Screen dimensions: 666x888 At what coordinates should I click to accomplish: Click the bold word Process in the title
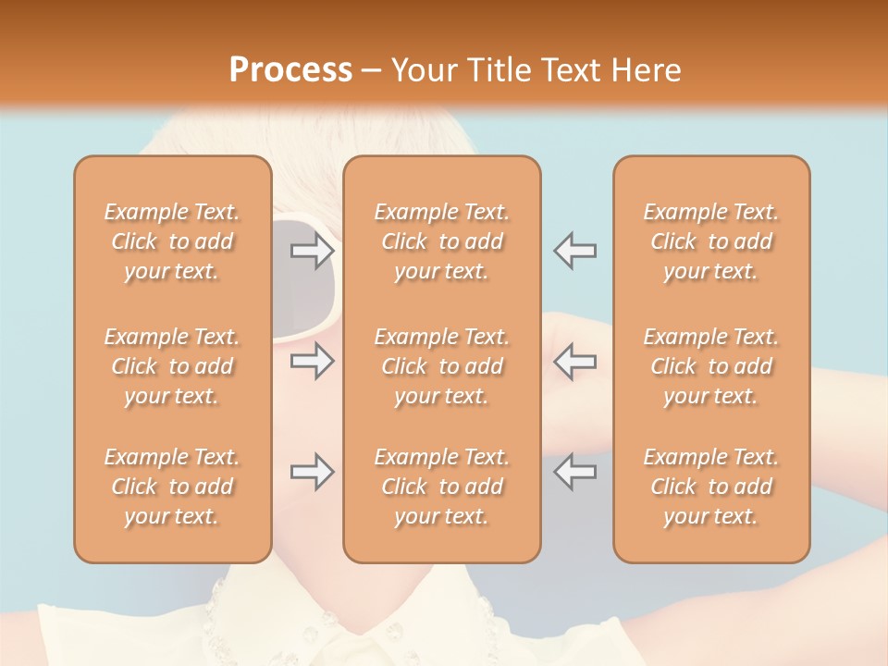coord(290,70)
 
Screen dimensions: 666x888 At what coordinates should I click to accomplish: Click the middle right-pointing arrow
coord(313,361)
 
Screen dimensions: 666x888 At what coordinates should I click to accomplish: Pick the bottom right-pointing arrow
coord(313,472)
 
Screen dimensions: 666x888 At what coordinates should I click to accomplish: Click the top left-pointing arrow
coord(574,251)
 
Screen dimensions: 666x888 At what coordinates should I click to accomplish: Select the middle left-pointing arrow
coord(574,361)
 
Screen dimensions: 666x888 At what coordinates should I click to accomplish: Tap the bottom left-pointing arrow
coord(574,472)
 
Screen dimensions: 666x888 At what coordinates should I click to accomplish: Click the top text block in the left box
coord(172,241)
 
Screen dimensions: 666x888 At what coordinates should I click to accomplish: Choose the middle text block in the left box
coord(172,366)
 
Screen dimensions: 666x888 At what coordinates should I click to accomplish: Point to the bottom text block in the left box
coord(172,487)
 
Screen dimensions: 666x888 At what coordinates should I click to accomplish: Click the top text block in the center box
coord(441,241)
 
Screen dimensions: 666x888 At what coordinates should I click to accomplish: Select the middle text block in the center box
coord(441,366)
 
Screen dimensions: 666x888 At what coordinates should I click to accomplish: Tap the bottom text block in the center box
coord(441,487)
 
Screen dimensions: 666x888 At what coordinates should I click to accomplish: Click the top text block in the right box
coord(710,241)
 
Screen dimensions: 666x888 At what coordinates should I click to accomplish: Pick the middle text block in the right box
coord(710,366)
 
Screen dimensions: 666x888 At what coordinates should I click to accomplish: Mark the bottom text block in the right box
coord(710,487)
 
